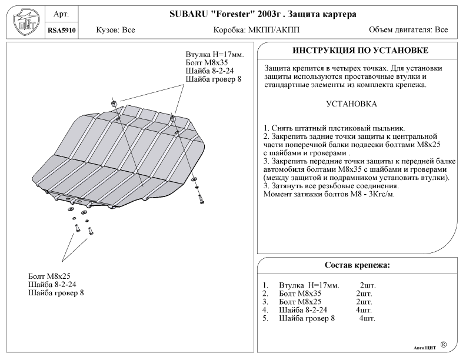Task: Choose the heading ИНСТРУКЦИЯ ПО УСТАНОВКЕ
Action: (360, 51)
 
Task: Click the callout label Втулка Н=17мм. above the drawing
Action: (214, 54)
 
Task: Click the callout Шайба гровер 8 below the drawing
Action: (56, 292)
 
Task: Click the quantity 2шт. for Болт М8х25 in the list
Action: (364, 302)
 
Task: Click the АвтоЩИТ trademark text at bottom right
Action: (423, 348)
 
